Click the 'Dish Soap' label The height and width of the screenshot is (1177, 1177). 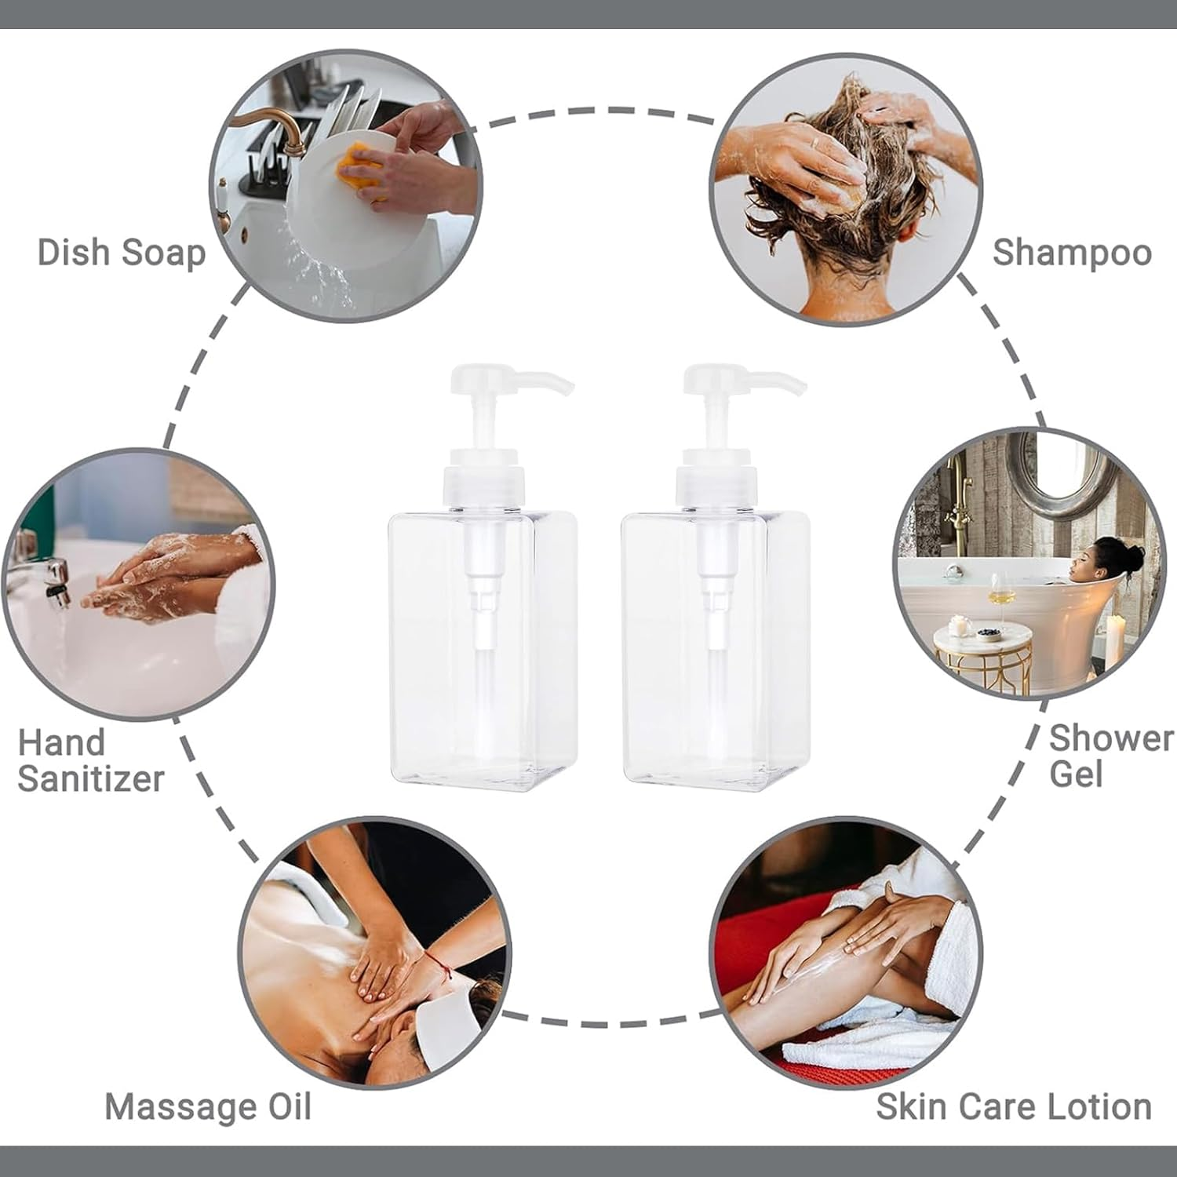[x=122, y=253]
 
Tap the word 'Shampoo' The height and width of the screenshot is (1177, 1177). [x=1072, y=253]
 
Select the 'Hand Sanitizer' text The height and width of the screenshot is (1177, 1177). [x=89, y=760]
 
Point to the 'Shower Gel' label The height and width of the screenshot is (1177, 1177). [x=1110, y=756]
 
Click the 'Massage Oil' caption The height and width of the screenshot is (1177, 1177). [x=208, y=1106]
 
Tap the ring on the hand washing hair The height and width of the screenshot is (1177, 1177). [x=814, y=143]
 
